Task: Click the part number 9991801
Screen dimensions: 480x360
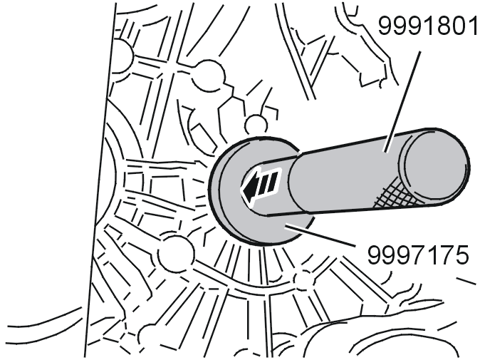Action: click(x=427, y=26)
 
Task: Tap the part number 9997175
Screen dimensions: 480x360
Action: click(x=418, y=254)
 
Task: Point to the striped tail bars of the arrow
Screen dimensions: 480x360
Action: click(x=270, y=183)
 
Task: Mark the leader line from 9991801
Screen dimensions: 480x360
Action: click(x=402, y=101)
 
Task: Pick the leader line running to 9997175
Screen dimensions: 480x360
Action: click(x=320, y=235)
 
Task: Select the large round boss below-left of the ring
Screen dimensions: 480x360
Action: click(x=177, y=253)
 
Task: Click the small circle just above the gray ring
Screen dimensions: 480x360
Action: click(x=256, y=125)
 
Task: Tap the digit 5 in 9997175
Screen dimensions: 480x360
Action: click(x=461, y=254)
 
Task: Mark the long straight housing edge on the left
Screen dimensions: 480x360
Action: click(x=100, y=180)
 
